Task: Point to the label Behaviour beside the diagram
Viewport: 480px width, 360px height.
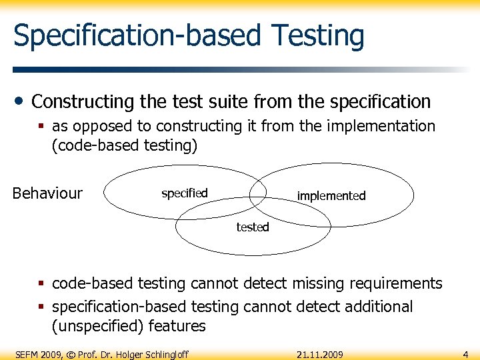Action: point(47,193)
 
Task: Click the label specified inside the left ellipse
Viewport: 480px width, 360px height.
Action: point(185,193)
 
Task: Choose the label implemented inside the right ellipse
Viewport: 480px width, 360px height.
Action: point(331,196)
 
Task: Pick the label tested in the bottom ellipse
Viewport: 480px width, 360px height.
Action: point(253,227)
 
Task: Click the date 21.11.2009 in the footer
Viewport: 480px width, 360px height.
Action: point(320,354)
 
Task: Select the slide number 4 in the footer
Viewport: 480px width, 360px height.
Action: point(465,354)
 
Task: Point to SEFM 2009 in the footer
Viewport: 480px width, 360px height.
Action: point(39,354)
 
